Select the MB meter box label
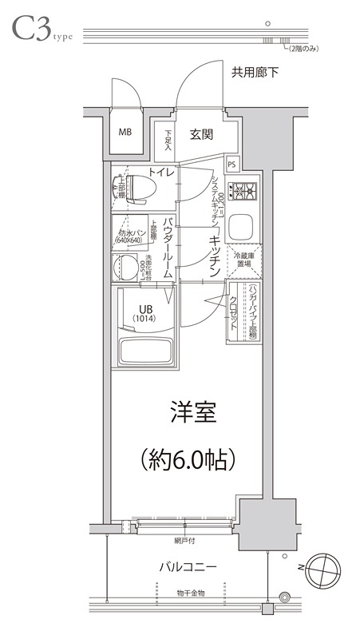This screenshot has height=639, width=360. tap(126, 133)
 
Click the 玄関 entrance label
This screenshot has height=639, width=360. tap(201, 134)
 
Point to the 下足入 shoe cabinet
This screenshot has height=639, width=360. tap(168, 141)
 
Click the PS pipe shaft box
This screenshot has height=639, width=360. tap(231, 165)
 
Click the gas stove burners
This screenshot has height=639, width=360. tap(242, 191)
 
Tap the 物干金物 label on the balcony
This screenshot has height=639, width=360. tap(192, 593)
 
